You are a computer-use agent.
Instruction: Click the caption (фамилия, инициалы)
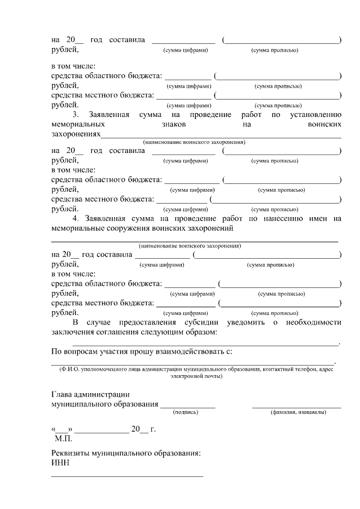click(x=298, y=412)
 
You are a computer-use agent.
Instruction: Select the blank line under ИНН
click(x=127, y=476)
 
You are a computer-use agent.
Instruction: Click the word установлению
click(x=316, y=115)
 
